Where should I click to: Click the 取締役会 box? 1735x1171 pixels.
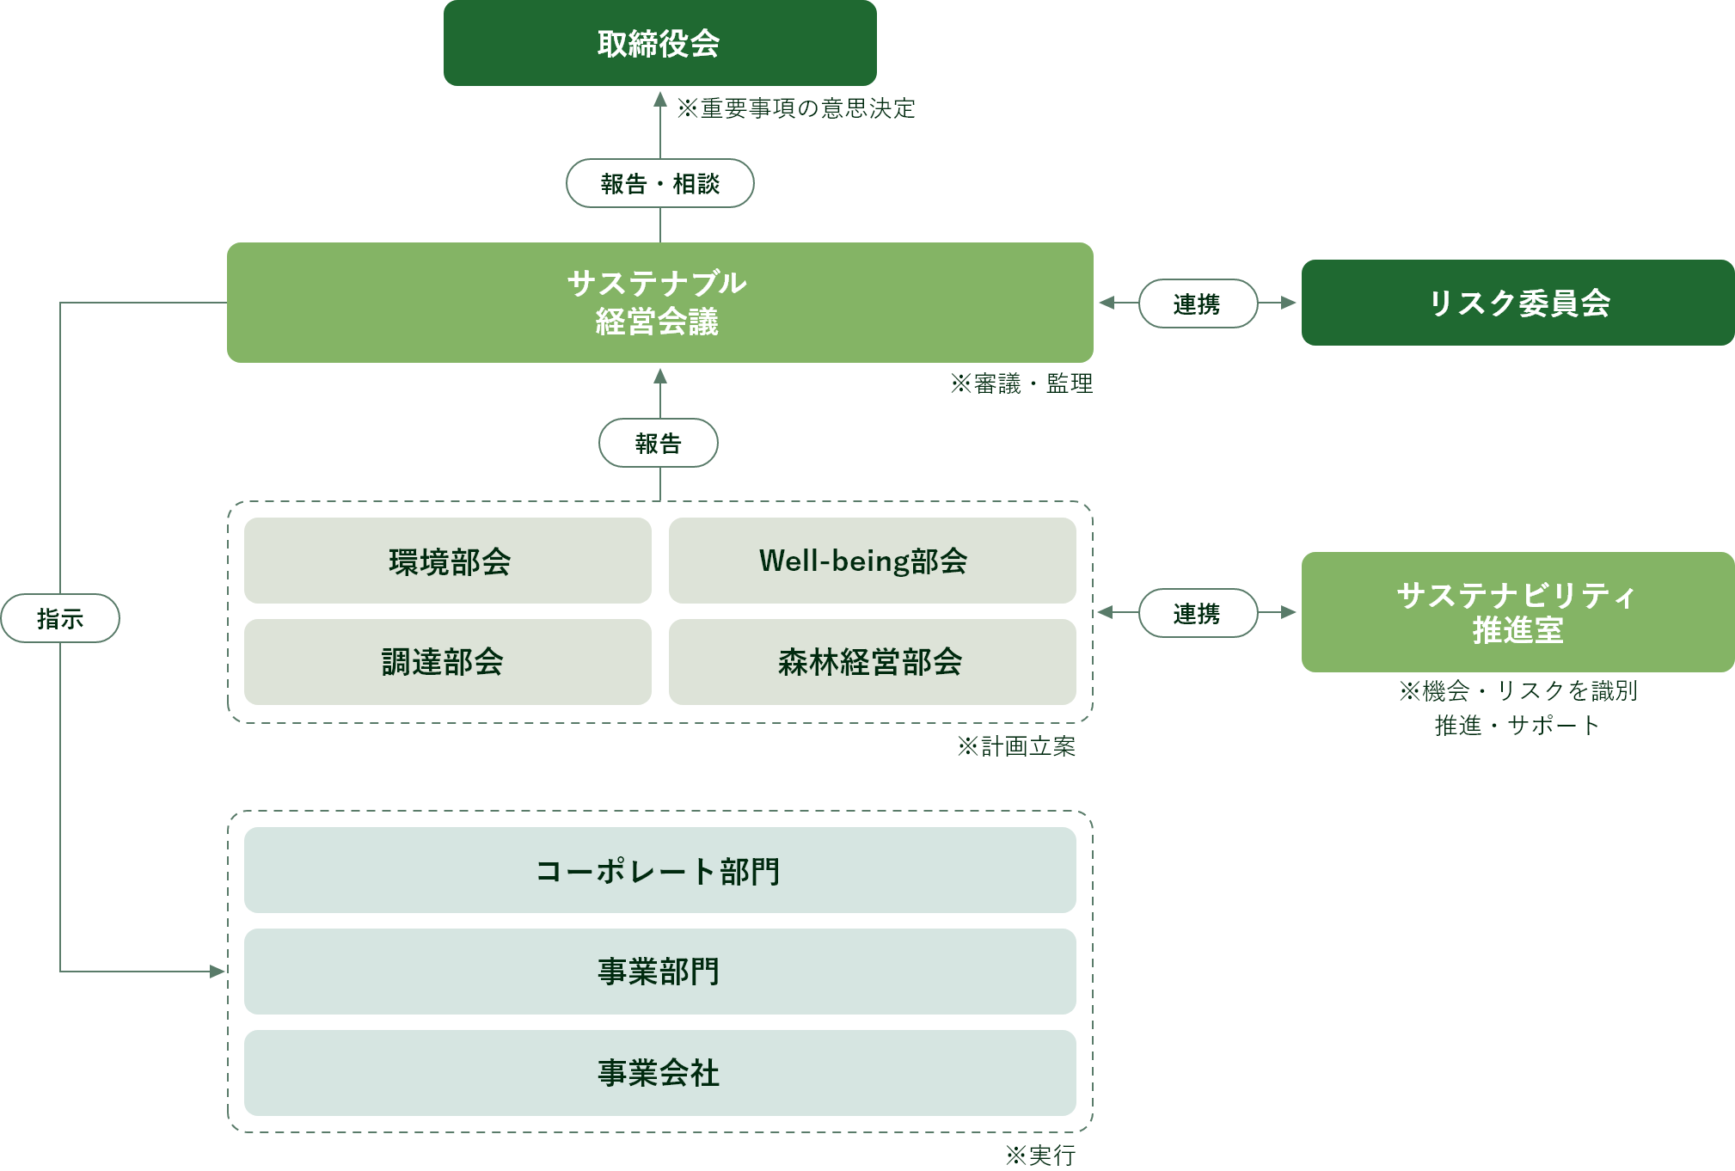pyautogui.click(x=659, y=43)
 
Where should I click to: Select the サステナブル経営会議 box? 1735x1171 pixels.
pyautogui.click(x=659, y=303)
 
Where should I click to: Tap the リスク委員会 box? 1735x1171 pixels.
pyautogui.click(x=1517, y=303)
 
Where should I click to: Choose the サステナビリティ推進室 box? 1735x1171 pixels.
pyautogui.click(x=1517, y=612)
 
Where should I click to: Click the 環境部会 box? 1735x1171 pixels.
pyautogui.click(x=448, y=561)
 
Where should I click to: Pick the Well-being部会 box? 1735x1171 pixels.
pyautogui.click(x=872, y=561)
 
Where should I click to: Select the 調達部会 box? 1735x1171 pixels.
pyautogui.click(x=448, y=662)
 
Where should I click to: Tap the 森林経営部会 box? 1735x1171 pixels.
pyautogui.click(x=872, y=662)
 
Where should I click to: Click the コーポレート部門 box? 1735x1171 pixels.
pyautogui.click(x=659, y=870)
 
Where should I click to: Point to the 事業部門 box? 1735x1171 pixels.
pyautogui.click(x=659, y=972)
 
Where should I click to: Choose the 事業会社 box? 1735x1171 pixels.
pyautogui.click(x=659, y=1073)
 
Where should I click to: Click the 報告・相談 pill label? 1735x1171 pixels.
pyautogui.click(x=659, y=183)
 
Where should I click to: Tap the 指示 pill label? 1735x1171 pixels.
pyautogui.click(x=60, y=618)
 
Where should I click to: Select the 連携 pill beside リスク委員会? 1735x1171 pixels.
pyautogui.click(x=1198, y=303)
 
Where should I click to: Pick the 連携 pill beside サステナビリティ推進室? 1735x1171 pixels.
pyautogui.click(x=1198, y=613)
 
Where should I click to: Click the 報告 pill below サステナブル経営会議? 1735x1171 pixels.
pyautogui.click(x=659, y=443)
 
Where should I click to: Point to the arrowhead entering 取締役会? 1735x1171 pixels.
pyautogui.click(x=660, y=100)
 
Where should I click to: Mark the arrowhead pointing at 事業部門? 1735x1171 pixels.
pyautogui.click(x=218, y=972)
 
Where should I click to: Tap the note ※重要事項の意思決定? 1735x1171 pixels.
pyautogui.click(x=795, y=108)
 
